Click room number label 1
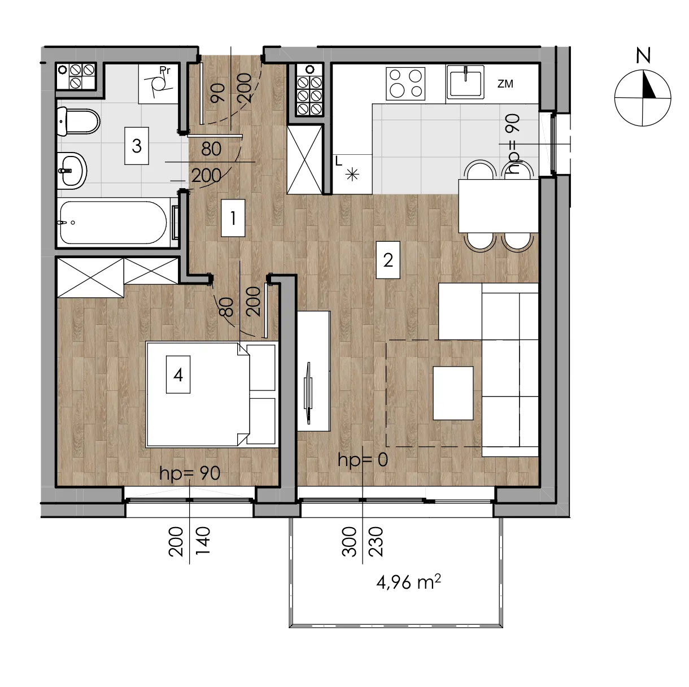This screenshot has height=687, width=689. point(233,218)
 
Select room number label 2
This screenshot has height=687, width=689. point(388,260)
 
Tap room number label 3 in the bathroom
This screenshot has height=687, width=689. point(137,146)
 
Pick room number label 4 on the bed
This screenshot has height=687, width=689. point(178,375)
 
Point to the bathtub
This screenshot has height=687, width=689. point(114,223)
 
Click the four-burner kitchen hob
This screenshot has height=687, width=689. point(405,84)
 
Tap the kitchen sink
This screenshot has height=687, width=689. point(465,82)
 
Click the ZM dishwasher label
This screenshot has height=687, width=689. point(505,84)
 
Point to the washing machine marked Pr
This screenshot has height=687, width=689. point(158,84)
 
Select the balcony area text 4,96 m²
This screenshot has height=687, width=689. point(408,582)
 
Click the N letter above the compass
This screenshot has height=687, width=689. point(643,56)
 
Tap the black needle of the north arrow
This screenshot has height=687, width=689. point(649,85)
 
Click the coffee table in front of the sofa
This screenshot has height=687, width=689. point(453,393)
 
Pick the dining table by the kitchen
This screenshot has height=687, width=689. point(499,206)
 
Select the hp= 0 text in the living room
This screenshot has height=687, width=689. point(363,460)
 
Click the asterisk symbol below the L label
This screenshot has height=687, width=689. point(352,175)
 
